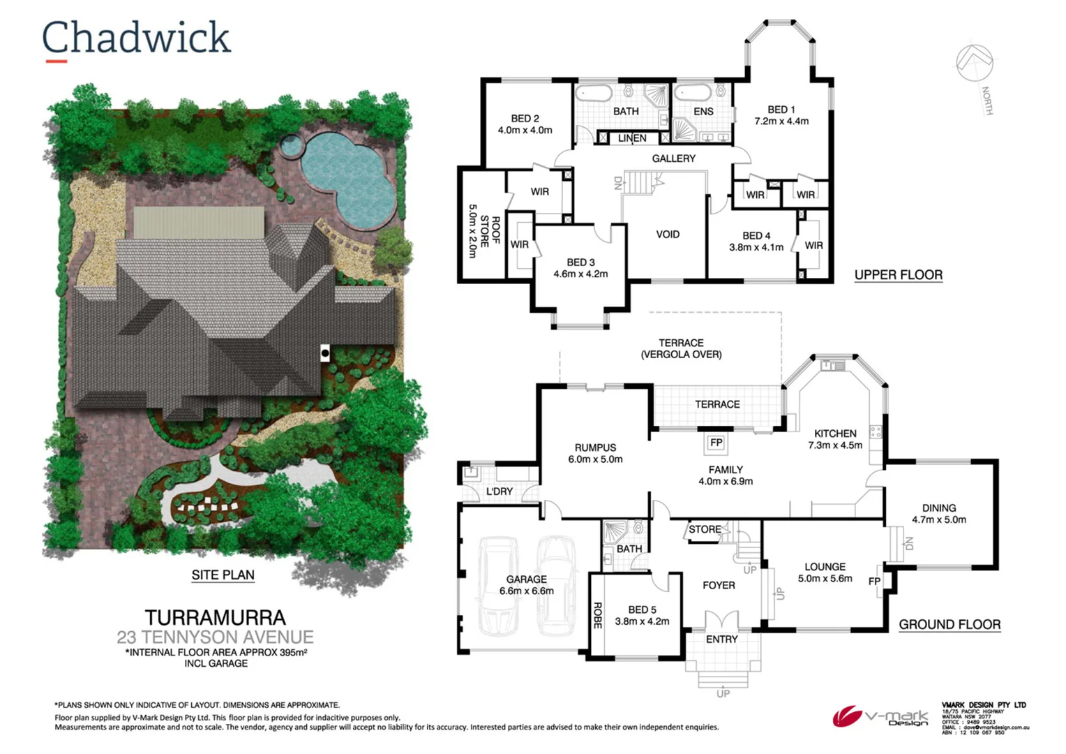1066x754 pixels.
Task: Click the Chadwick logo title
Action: [136, 38]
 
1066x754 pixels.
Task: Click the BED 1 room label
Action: [781, 110]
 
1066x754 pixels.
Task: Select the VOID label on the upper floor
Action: [668, 235]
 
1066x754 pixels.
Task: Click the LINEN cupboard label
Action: [632, 138]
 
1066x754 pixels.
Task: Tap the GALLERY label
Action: [673, 158]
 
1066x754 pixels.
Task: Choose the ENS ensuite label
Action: [703, 112]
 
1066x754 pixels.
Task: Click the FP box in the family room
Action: [716, 443]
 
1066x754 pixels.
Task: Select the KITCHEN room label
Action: [835, 434]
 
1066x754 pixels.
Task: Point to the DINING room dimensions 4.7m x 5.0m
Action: [939, 519]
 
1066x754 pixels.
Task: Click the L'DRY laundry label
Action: [499, 491]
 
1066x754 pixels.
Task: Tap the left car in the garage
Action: [497, 583]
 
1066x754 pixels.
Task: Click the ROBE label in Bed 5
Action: [597, 616]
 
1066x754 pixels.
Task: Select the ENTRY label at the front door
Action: [721, 640]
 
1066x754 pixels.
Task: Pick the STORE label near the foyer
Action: [705, 529]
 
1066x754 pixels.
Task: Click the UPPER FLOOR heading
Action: [899, 275]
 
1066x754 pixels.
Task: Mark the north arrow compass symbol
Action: [975, 64]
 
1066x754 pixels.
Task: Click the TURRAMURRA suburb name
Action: [215, 618]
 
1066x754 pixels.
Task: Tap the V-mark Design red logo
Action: [847, 716]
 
